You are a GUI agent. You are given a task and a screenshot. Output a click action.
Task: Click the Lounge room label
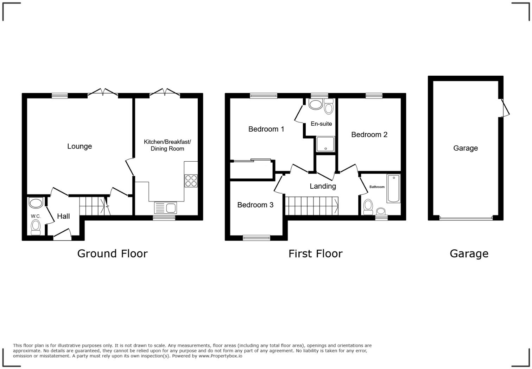point(80,146)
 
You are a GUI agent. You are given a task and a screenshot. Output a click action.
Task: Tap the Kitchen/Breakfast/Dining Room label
point(167,145)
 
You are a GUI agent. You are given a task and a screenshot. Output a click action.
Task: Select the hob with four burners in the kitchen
point(191,181)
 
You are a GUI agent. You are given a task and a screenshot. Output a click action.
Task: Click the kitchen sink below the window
point(165,208)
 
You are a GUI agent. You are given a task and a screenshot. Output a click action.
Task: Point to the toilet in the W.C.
point(36,227)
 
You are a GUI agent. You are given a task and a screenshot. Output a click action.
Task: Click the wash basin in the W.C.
point(36,203)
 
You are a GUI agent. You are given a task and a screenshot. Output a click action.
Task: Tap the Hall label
point(63,216)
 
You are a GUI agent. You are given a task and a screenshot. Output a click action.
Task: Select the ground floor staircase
point(92,206)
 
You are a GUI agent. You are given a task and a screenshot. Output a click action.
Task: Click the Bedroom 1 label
point(266,129)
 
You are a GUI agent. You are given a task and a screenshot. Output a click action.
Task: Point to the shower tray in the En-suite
point(325,144)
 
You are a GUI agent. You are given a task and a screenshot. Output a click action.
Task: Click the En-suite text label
point(321,124)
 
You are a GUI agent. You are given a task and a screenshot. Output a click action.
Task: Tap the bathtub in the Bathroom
point(393,188)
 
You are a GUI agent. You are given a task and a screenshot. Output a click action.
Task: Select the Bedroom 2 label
point(369,135)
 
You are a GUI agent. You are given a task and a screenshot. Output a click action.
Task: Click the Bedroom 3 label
point(255,205)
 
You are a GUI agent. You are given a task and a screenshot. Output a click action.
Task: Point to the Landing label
point(323,186)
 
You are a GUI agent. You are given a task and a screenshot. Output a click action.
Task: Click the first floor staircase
point(311,206)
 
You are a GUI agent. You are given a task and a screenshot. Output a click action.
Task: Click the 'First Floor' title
point(315,254)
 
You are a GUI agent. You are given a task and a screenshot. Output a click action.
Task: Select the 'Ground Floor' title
point(112,254)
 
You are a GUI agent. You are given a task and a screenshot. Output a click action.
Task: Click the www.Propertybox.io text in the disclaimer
point(220,356)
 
